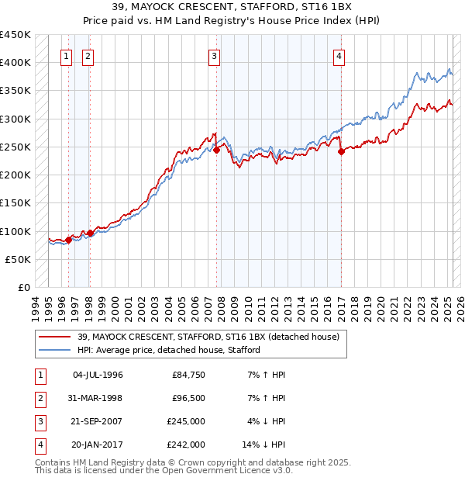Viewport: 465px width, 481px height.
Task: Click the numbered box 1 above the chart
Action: point(66,56)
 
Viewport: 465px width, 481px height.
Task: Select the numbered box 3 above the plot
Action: point(213,56)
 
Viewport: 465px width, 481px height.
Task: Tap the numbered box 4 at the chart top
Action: point(339,56)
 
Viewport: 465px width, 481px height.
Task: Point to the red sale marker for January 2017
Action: point(342,152)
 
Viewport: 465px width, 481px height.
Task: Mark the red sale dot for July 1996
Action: point(68,240)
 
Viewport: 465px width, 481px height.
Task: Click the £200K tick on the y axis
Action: point(16,175)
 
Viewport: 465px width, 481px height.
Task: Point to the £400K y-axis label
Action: point(16,62)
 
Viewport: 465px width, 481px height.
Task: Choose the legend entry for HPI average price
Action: point(168,350)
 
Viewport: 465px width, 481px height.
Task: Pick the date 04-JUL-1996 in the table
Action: point(98,375)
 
